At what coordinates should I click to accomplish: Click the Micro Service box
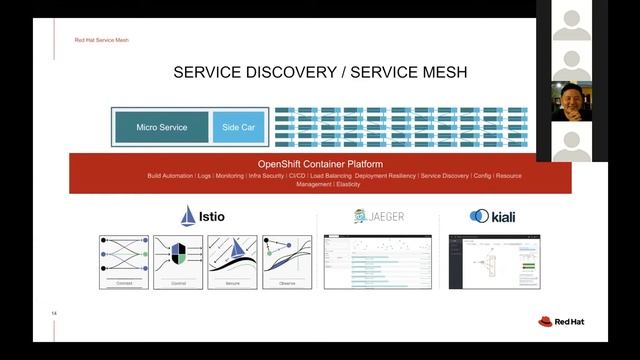[x=161, y=128]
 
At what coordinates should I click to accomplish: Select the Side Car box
[x=238, y=128]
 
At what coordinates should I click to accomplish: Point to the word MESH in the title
[x=439, y=72]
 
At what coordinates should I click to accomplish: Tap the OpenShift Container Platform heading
[x=320, y=164]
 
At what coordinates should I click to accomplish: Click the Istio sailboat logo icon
[x=188, y=216]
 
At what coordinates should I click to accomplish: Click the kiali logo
[x=492, y=216]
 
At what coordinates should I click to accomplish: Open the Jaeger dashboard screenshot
[x=378, y=262]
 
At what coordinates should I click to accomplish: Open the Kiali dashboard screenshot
[x=495, y=262]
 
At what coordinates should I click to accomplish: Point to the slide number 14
[x=54, y=314]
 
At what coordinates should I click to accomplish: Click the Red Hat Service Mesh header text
[x=101, y=40]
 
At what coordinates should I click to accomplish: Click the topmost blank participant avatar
[x=571, y=20]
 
